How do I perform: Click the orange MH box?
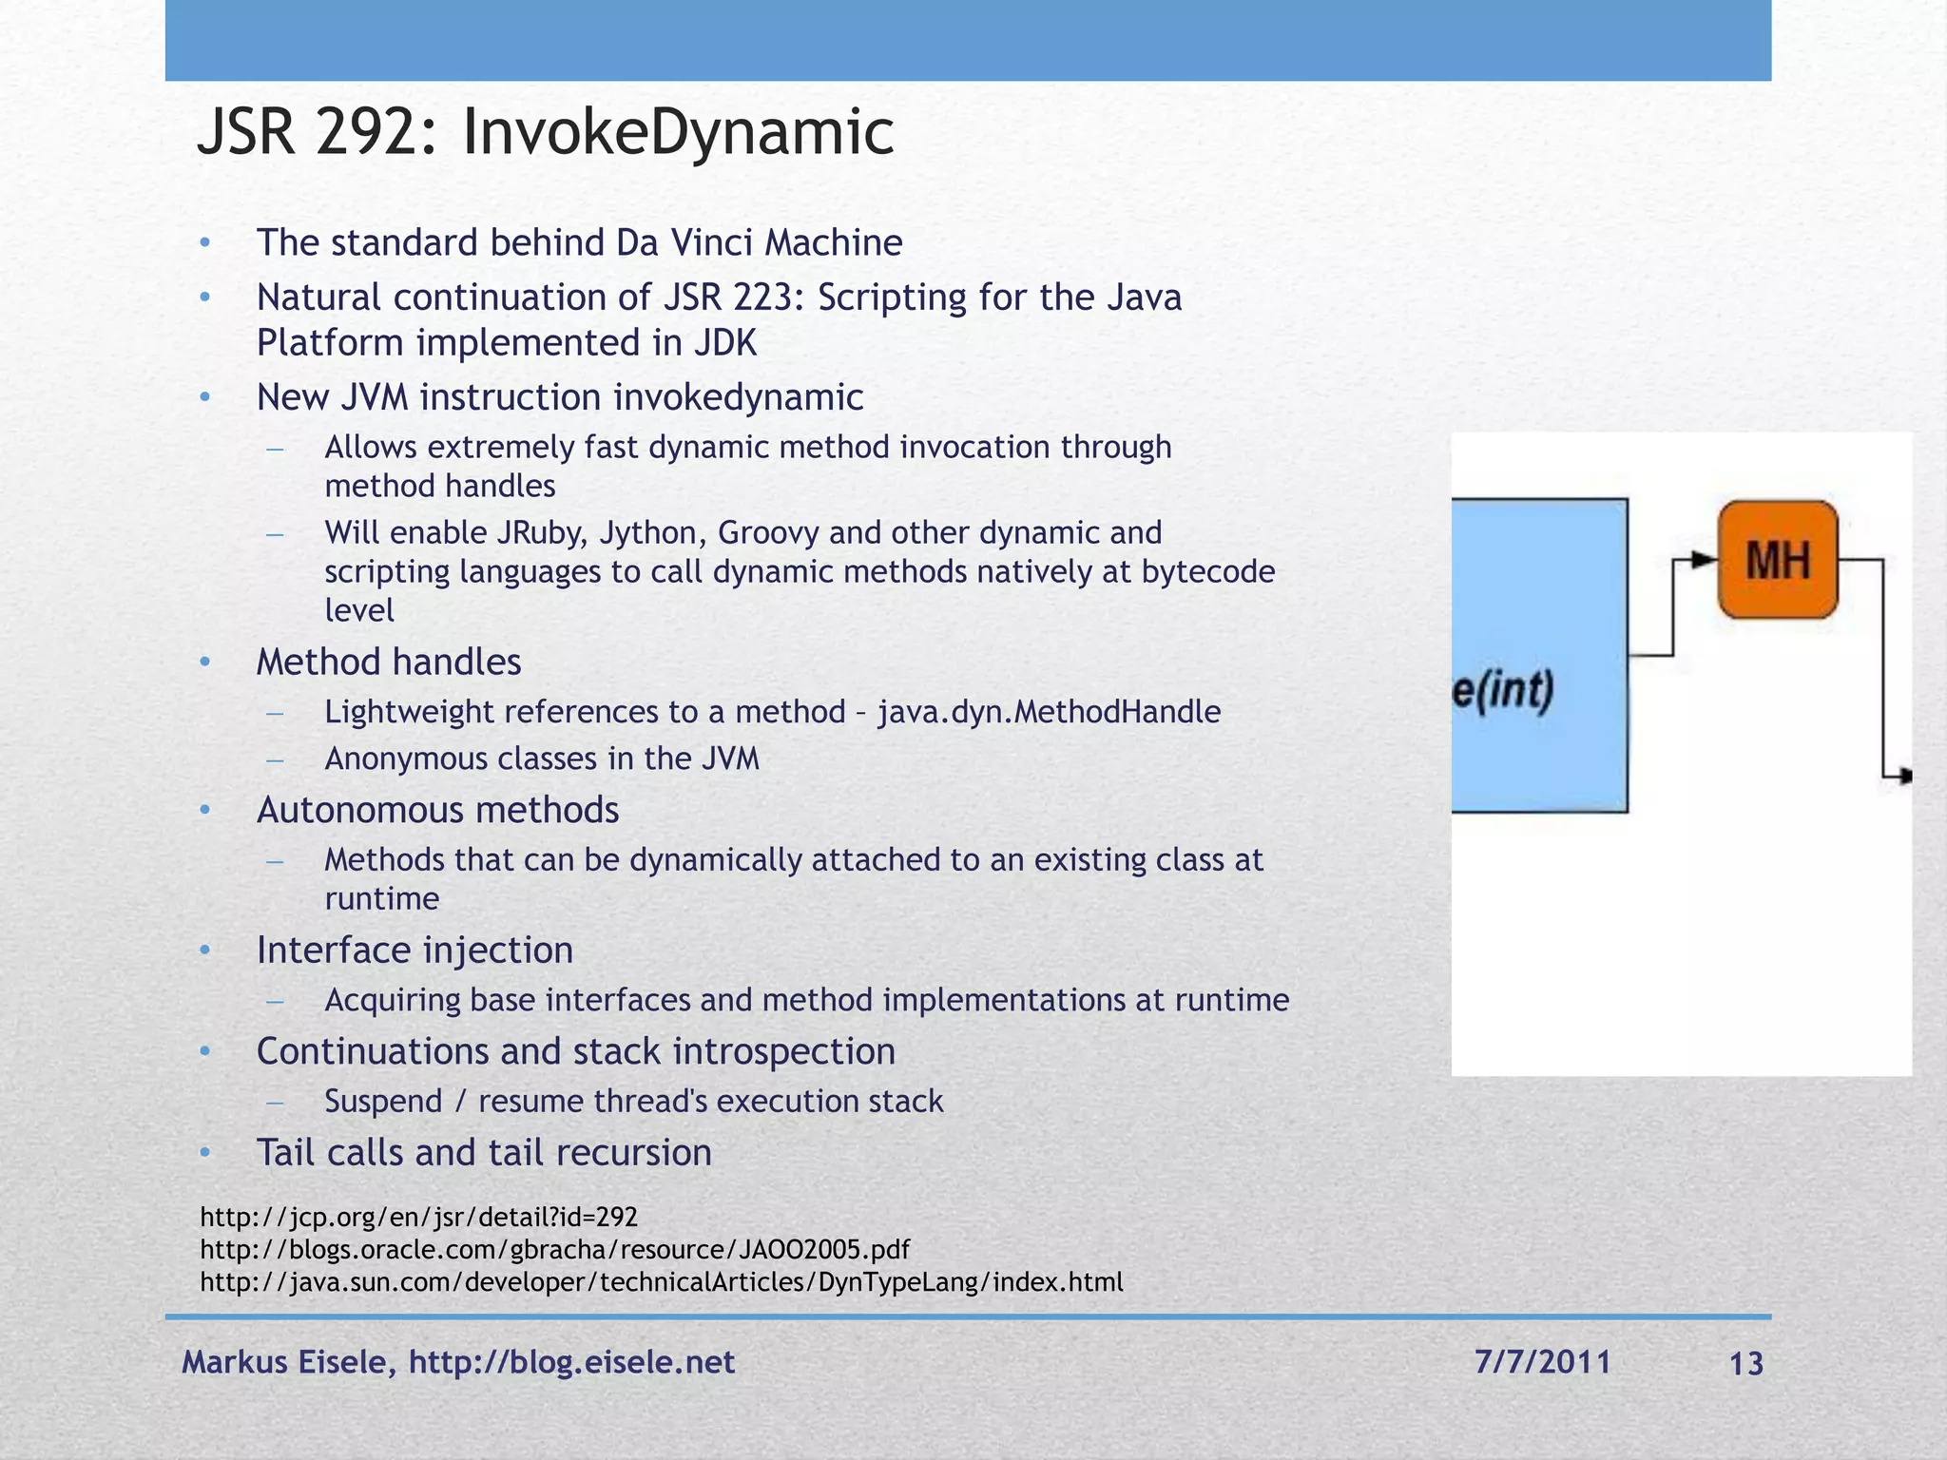pyautogui.click(x=1777, y=559)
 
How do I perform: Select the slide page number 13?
pyautogui.click(x=1745, y=1364)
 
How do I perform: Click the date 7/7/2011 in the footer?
pyautogui.click(x=1542, y=1362)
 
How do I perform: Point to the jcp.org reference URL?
pyautogui.click(x=418, y=1217)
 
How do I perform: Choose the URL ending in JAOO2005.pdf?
pyautogui.click(x=554, y=1249)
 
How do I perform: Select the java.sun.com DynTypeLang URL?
pyautogui.click(x=661, y=1282)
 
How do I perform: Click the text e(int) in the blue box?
pyautogui.click(x=1503, y=690)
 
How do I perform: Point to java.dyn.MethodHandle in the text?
pyautogui.click(x=1049, y=712)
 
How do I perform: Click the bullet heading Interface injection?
pyautogui.click(x=414, y=951)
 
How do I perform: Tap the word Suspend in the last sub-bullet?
pyautogui.click(x=383, y=1102)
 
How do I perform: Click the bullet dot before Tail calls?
pyautogui.click(x=204, y=1153)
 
